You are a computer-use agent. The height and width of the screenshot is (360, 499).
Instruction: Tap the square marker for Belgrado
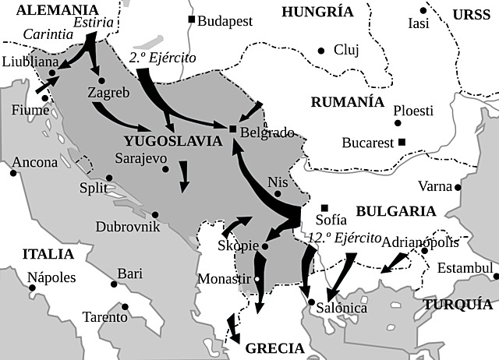[232, 129]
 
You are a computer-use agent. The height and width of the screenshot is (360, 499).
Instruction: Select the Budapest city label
[225, 21]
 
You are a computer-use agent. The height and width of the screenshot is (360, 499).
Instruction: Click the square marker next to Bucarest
[402, 142]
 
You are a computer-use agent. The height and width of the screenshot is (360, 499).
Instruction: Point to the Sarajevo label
[141, 157]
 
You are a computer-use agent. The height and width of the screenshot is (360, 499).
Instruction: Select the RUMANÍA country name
[347, 102]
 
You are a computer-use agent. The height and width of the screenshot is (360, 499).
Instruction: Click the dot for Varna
[458, 187]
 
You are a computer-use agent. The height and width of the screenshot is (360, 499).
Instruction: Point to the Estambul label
[465, 269]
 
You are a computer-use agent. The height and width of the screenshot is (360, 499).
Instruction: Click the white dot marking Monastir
[258, 278]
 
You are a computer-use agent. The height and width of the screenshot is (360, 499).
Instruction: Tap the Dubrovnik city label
[127, 227]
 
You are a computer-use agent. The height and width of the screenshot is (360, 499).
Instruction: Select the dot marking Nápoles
[33, 288]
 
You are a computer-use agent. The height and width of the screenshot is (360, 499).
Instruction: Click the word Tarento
[106, 317]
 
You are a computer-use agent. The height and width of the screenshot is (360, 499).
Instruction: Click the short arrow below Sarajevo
[184, 176]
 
